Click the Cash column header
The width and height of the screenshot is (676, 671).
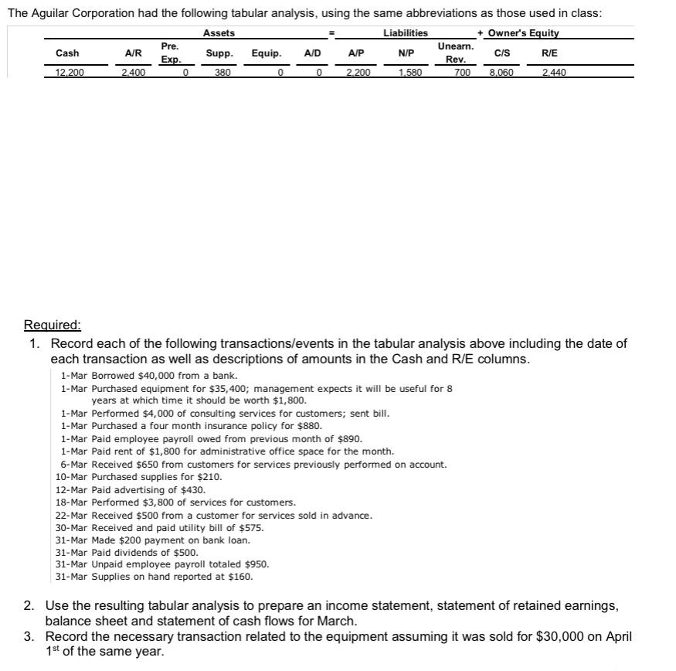tap(67, 53)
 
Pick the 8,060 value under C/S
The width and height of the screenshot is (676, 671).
tap(501, 73)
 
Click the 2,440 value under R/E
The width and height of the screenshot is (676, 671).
tap(554, 73)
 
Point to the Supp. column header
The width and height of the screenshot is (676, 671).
tap(220, 53)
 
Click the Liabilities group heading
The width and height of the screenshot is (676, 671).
tap(405, 32)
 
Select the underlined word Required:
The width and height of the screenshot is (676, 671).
tap(52, 325)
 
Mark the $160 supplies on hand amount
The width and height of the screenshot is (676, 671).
tap(241, 577)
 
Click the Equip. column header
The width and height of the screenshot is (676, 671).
tap(267, 53)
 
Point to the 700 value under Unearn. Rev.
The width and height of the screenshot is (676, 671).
tap(462, 73)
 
